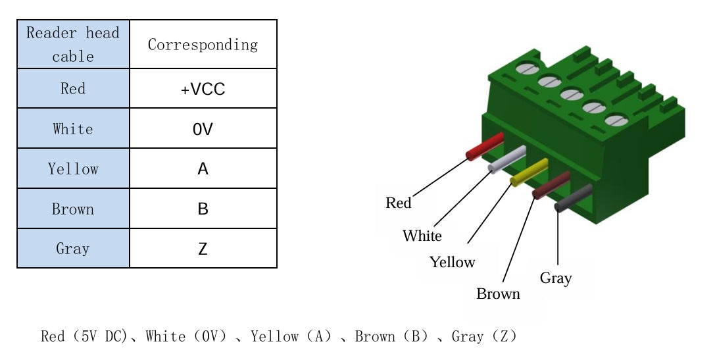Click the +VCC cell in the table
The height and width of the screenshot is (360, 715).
pyautogui.click(x=203, y=89)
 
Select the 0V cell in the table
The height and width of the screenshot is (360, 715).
pyautogui.click(x=203, y=129)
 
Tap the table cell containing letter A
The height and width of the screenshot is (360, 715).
pyautogui.click(x=203, y=169)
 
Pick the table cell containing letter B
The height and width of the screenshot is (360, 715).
pyautogui.click(x=203, y=209)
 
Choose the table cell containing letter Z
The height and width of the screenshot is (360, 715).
pyautogui.click(x=203, y=249)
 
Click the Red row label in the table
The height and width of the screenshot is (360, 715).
pyautogui.click(x=73, y=89)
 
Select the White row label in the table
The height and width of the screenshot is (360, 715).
pyautogui.click(x=73, y=129)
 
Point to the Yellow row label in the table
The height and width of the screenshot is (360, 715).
pyautogui.click(x=73, y=169)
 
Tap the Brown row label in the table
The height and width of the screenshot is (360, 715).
pyautogui.click(x=73, y=209)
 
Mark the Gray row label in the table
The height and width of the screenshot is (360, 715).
pyautogui.click(x=73, y=249)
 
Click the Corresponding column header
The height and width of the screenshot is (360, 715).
pyautogui.click(x=203, y=45)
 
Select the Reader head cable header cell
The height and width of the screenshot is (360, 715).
pyautogui.click(x=73, y=45)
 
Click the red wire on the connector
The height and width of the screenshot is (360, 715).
pyautogui.click(x=485, y=146)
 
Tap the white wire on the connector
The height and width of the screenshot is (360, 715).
pyautogui.click(x=507, y=160)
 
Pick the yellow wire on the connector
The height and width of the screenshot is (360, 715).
pyautogui.click(x=530, y=172)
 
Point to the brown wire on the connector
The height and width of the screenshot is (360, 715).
pyautogui.click(x=551, y=185)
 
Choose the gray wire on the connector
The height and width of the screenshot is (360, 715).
pyautogui.click(x=574, y=197)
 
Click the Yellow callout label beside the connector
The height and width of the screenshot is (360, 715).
pyautogui.click(x=452, y=262)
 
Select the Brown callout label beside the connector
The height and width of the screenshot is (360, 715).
pyautogui.click(x=498, y=294)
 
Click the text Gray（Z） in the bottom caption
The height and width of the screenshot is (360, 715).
pyautogui.click(x=484, y=337)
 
